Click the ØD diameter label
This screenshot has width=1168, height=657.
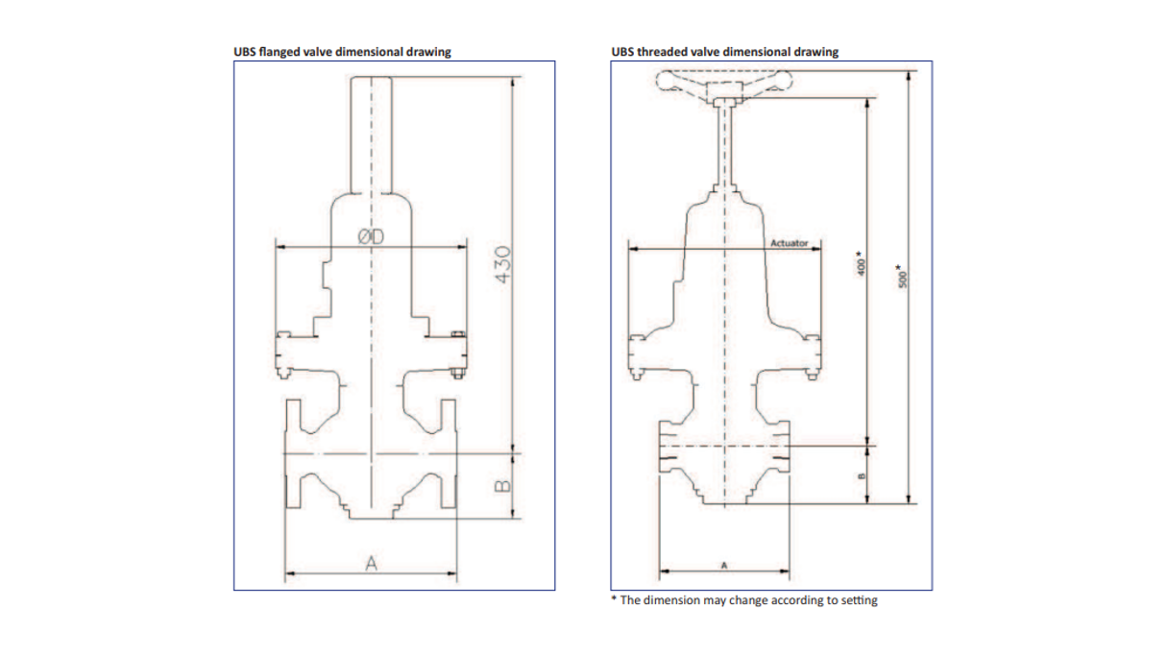click(372, 236)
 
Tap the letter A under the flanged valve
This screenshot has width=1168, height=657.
click(372, 564)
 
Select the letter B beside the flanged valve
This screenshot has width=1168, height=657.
click(500, 485)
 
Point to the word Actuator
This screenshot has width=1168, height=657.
click(790, 243)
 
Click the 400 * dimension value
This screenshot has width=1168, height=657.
click(862, 264)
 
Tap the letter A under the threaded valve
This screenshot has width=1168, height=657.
click(723, 565)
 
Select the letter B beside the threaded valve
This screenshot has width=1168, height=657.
click(862, 474)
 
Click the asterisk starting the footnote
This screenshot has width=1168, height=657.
click(615, 599)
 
